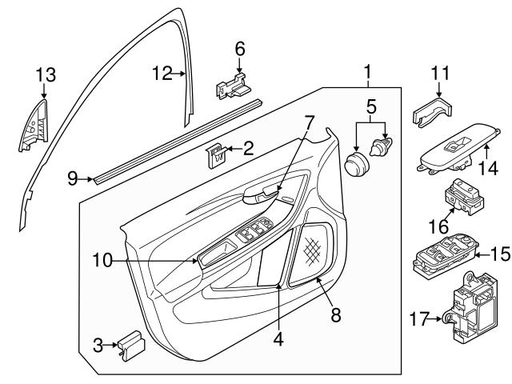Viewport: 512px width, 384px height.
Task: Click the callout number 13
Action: click(46, 75)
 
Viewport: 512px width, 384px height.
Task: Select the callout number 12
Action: click(162, 74)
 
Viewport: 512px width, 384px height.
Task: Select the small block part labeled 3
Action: click(130, 346)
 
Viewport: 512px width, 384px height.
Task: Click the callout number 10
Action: click(102, 258)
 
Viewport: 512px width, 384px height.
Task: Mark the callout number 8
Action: click(336, 314)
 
